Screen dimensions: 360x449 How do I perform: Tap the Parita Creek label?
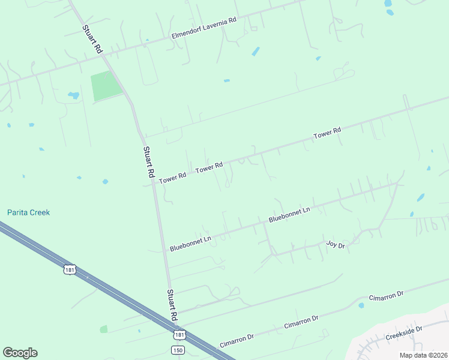tap(28, 212)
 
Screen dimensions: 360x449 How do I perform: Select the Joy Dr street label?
tap(336, 245)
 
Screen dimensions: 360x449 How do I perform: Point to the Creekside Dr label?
tap(404, 332)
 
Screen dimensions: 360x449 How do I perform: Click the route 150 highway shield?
tap(177, 349)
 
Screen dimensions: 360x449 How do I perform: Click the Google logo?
tap(20, 353)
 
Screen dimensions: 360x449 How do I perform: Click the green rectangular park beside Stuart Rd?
tap(106, 86)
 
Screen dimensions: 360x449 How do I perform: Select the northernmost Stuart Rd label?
tap(92, 38)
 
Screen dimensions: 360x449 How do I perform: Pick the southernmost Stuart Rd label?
tap(172, 304)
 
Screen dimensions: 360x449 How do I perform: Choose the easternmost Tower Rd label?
tap(327, 133)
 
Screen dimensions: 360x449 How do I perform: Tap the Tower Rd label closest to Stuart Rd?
tap(173, 178)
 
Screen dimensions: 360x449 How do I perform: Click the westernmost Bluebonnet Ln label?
tap(190, 243)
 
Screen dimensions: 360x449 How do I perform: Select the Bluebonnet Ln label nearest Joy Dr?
tap(289, 215)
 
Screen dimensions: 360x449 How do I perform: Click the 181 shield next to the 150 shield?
tap(179, 334)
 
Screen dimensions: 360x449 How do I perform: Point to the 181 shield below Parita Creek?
tap(70, 268)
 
